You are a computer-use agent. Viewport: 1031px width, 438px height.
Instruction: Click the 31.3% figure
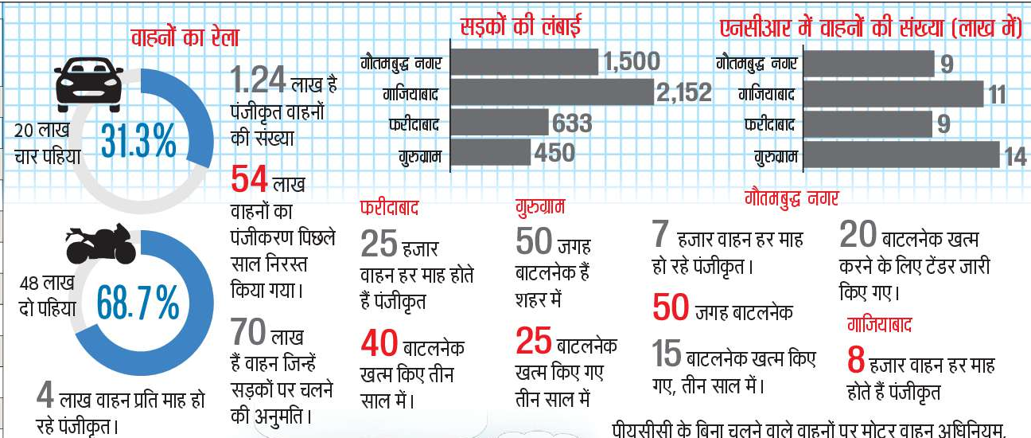point(139,143)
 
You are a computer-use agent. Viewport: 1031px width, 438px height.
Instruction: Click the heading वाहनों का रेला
point(185,37)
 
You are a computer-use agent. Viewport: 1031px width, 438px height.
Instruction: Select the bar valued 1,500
point(527,61)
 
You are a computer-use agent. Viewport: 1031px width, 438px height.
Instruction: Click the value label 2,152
point(683,93)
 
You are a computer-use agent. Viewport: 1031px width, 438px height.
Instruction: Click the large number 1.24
point(258,80)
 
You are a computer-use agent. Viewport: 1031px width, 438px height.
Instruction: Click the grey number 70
point(249,330)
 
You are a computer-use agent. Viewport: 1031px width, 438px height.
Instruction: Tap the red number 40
point(379,344)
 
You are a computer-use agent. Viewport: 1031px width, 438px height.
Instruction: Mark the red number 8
point(855,361)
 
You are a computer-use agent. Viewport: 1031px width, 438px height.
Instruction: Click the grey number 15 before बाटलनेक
point(667,354)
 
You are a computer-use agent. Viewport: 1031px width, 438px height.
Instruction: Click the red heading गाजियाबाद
point(878,325)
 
